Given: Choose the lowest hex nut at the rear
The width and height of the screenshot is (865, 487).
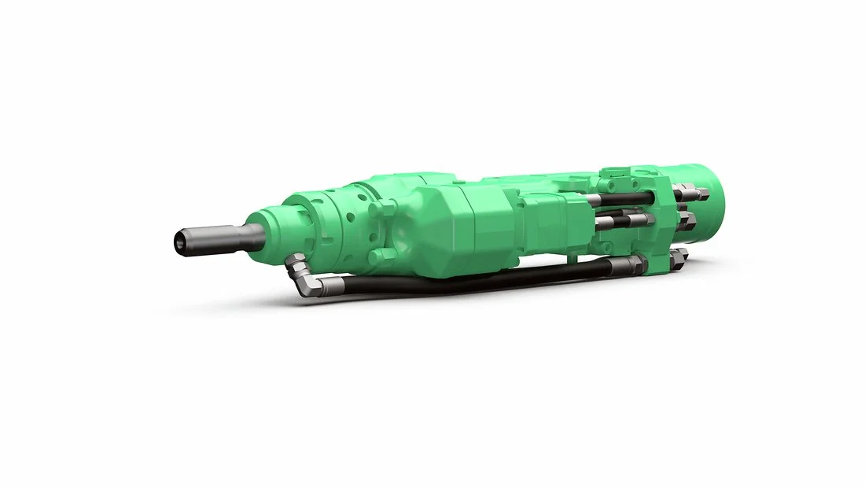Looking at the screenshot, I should click(x=678, y=255).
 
